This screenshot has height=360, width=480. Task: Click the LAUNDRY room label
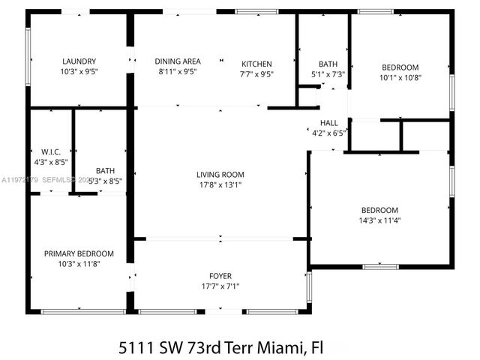coord(79,61)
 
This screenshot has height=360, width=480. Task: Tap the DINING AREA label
coord(177,61)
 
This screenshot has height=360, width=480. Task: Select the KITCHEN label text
coord(256,64)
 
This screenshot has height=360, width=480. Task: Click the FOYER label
coord(220,276)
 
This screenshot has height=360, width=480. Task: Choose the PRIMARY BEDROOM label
coord(79,253)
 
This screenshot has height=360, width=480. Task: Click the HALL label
coord(328,122)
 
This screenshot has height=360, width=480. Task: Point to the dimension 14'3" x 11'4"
coord(380,220)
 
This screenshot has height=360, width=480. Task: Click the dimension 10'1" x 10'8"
coord(400,77)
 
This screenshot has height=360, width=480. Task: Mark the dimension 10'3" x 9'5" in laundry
coord(79,72)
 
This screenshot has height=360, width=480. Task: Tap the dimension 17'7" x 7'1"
coord(220,286)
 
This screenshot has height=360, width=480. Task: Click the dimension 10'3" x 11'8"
coord(79,264)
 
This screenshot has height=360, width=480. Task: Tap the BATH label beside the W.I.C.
coord(105,170)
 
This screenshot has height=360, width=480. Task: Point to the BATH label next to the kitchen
coord(328,64)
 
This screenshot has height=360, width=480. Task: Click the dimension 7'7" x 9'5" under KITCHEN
coord(256,74)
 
